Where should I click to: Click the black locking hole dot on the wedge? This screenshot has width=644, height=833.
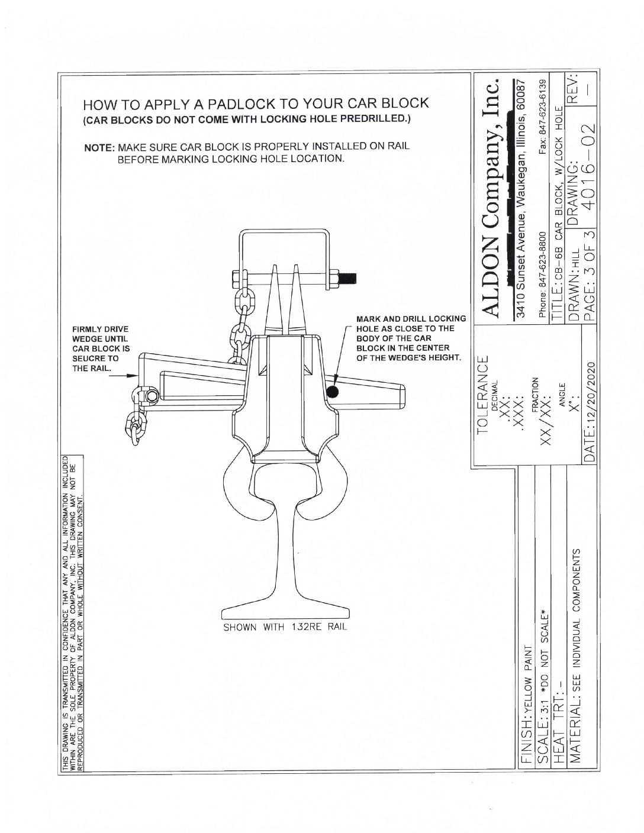[x=332, y=392]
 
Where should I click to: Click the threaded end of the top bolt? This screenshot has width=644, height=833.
[x=349, y=276]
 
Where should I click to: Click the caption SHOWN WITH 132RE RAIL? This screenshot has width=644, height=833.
[x=285, y=628]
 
